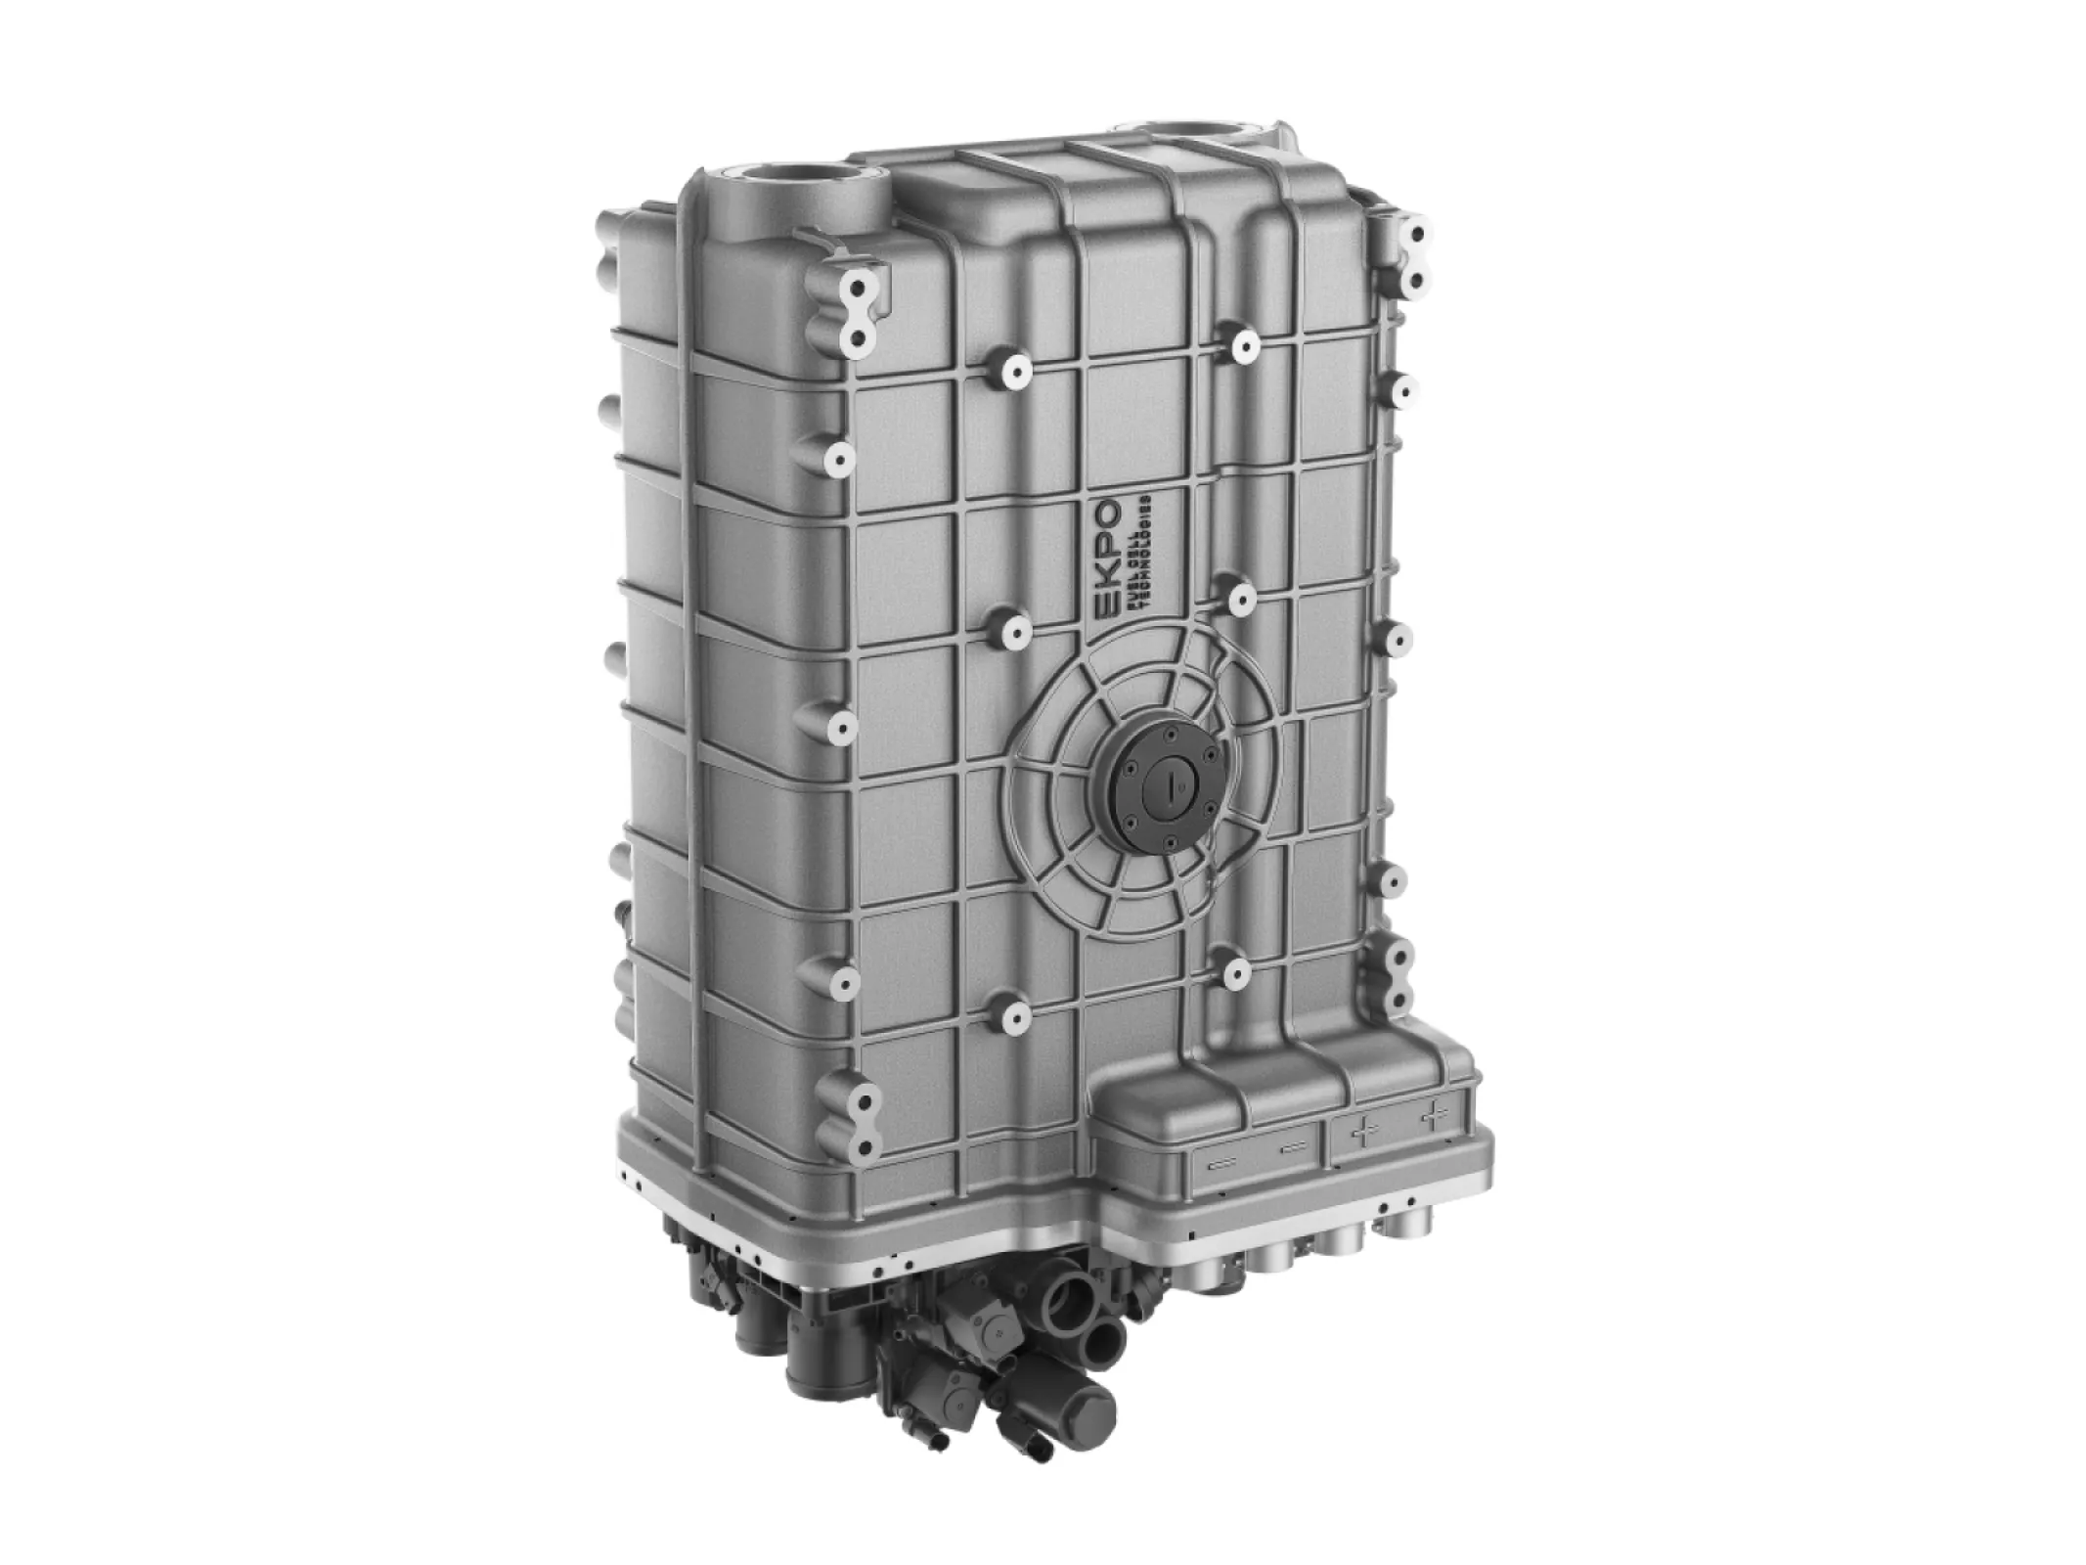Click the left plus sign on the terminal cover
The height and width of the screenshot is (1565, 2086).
(1362, 1132)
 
